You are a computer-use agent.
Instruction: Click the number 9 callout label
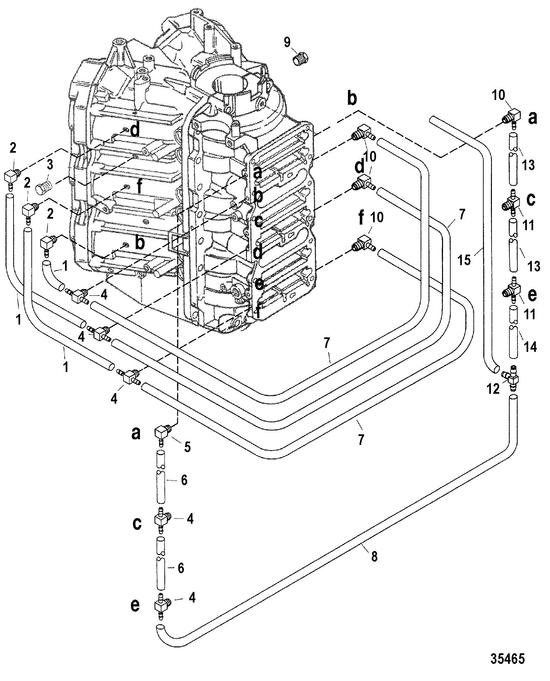coord(287,42)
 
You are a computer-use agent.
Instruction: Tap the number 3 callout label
coord(50,166)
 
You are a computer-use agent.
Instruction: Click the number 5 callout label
coord(187,448)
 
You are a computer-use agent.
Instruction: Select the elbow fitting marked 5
coord(162,432)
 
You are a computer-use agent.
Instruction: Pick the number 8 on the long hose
coord(374,557)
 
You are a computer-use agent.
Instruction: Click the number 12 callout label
coord(493,389)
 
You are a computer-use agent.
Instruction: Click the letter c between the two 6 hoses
coord(137,524)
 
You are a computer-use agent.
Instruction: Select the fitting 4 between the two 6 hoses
coord(162,520)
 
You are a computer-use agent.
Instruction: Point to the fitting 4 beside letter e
coord(162,604)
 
